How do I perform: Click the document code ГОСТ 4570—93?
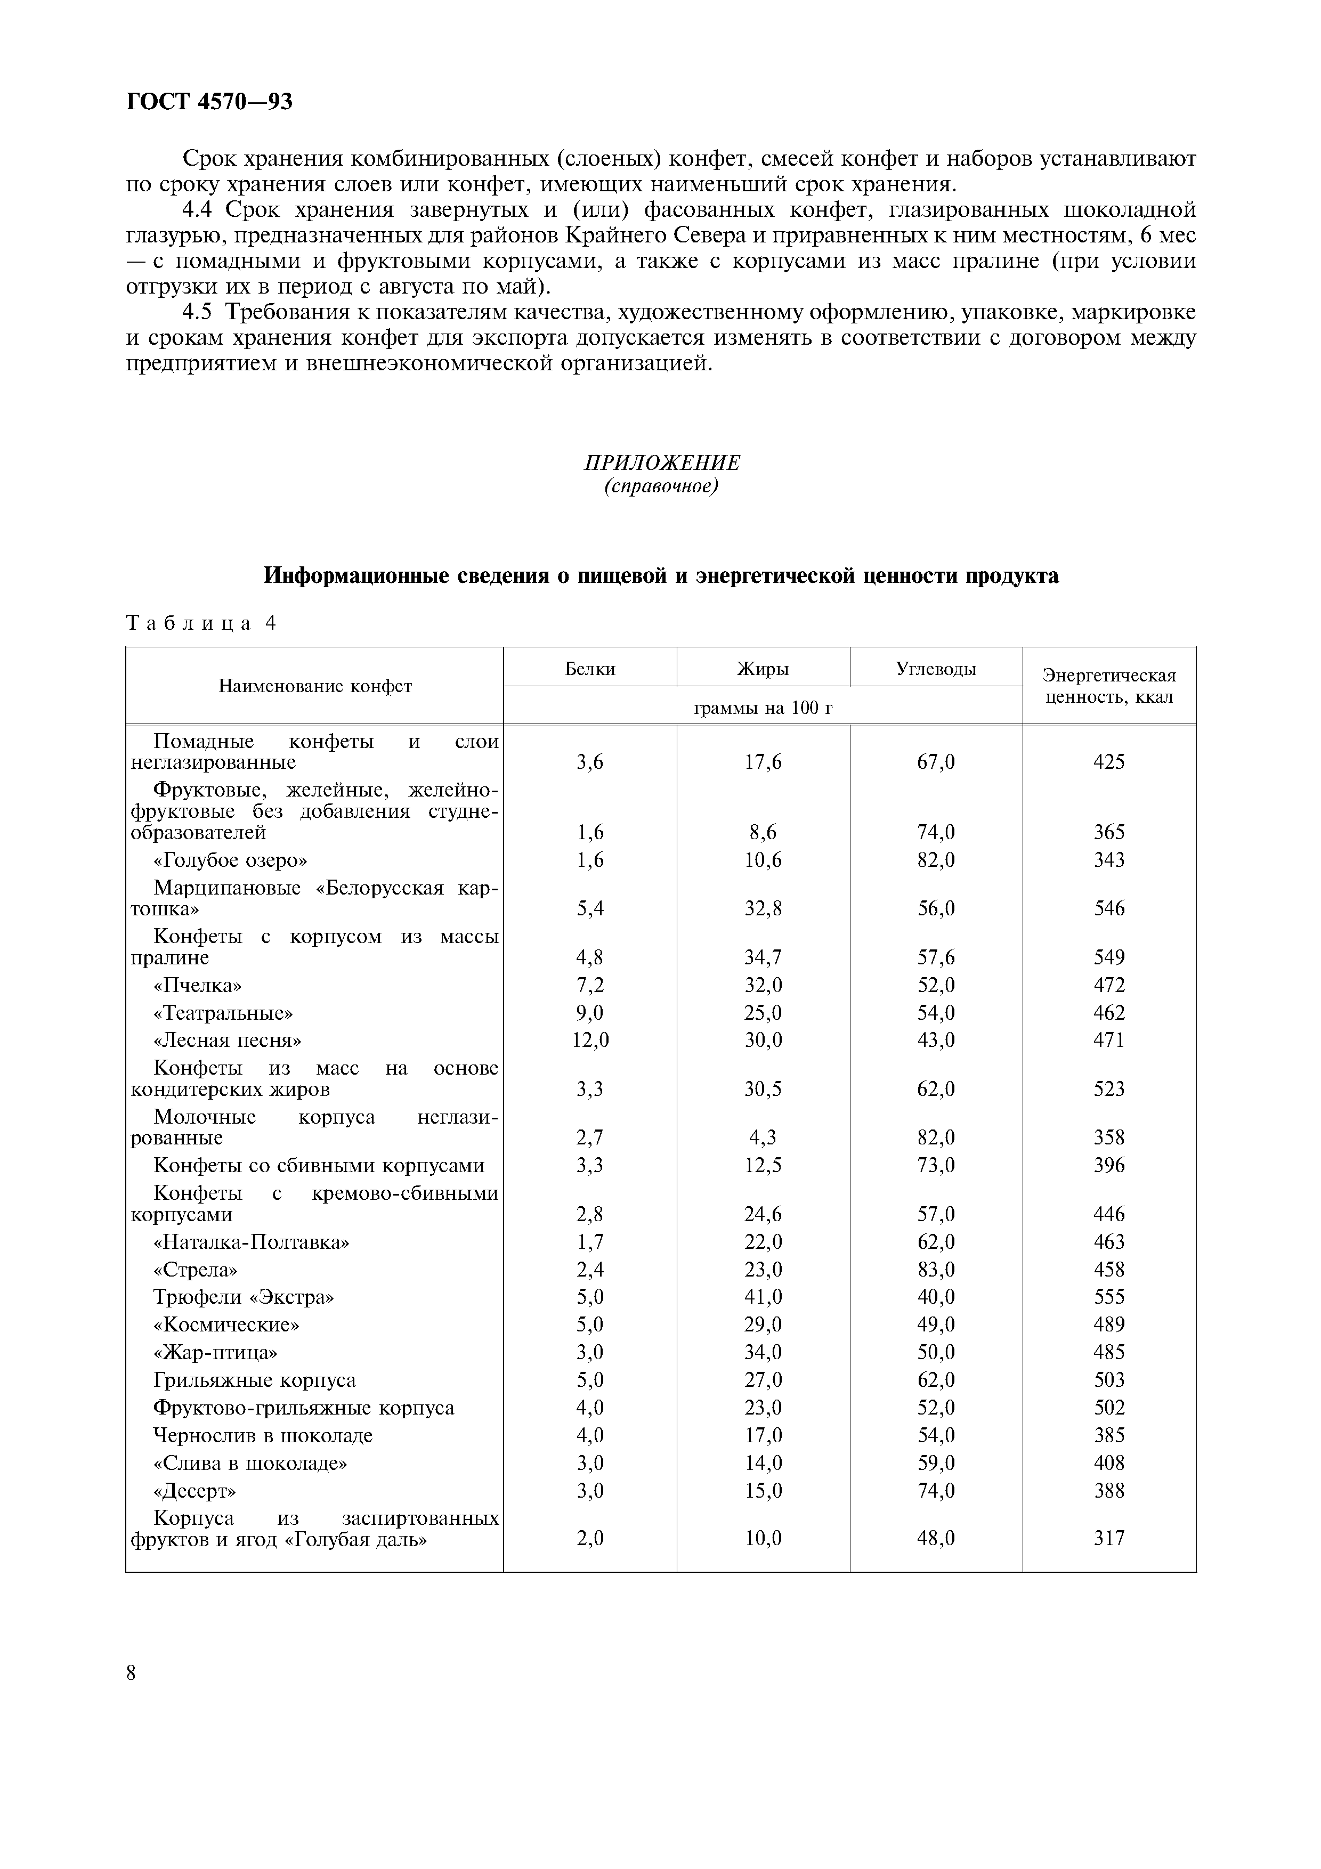pyautogui.click(x=209, y=102)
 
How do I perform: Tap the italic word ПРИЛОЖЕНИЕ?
pyautogui.click(x=662, y=463)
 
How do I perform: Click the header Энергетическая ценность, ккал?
pyautogui.click(x=1108, y=686)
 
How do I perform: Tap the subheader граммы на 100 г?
pyautogui.click(x=763, y=708)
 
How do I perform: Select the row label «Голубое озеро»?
pyautogui.click(x=230, y=860)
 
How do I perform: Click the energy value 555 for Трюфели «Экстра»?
pyautogui.click(x=1108, y=1297)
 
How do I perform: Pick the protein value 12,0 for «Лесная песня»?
pyautogui.click(x=590, y=1041)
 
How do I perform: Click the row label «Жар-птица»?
pyautogui.click(x=215, y=1352)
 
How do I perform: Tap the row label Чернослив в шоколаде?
pyautogui.click(x=263, y=1435)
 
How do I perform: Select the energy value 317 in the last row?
pyautogui.click(x=1108, y=1539)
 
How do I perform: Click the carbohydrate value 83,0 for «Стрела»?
pyautogui.click(x=936, y=1270)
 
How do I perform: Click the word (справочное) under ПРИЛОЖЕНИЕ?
pyautogui.click(x=662, y=487)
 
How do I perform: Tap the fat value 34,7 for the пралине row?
pyautogui.click(x=763, y=957)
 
